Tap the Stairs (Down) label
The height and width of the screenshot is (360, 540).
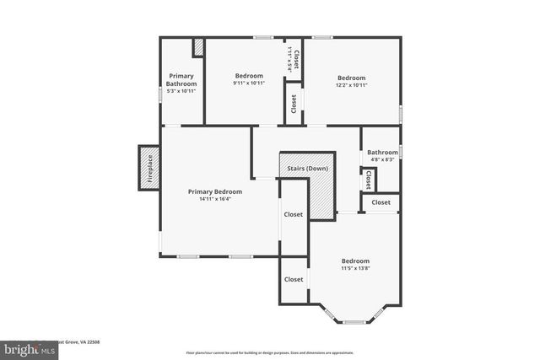click(x=307, y=168)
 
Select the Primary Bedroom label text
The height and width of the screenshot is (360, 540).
click(x=214, y=191)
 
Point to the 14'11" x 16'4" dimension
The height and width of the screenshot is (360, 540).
click(x=214, y=200)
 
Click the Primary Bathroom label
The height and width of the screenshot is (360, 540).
click(x=181, y=80)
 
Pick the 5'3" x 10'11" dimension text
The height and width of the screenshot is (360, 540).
click(x=181, y=91)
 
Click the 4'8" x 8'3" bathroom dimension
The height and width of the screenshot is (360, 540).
click(x=381, y=159)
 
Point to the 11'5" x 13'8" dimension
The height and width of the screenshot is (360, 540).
click(x=355, y=269)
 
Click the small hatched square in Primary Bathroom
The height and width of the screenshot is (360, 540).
click(x=198, y=47)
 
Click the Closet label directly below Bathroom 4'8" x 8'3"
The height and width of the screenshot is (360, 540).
click(x=369, y=180)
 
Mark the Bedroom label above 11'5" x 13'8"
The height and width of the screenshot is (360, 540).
click(x=355, y=261)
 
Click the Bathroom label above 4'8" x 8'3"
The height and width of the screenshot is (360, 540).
click(x=381, y=152)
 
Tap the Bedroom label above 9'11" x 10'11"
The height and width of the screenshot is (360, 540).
click(x=249, y=76)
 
